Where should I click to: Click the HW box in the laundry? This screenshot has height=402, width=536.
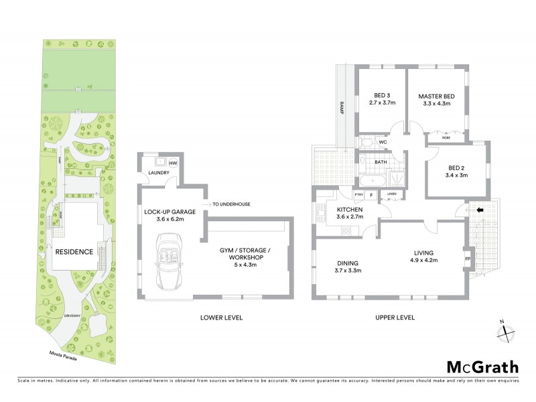tap(172, 163)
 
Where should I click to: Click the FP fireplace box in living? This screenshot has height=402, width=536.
tap(467, 258)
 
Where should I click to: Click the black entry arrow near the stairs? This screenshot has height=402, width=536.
tap(479, 210)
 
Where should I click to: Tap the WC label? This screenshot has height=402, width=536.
tap(383, 142)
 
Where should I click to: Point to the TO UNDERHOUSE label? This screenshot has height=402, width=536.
tap(232, 204)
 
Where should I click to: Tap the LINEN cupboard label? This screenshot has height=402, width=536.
tap(391, 194)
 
